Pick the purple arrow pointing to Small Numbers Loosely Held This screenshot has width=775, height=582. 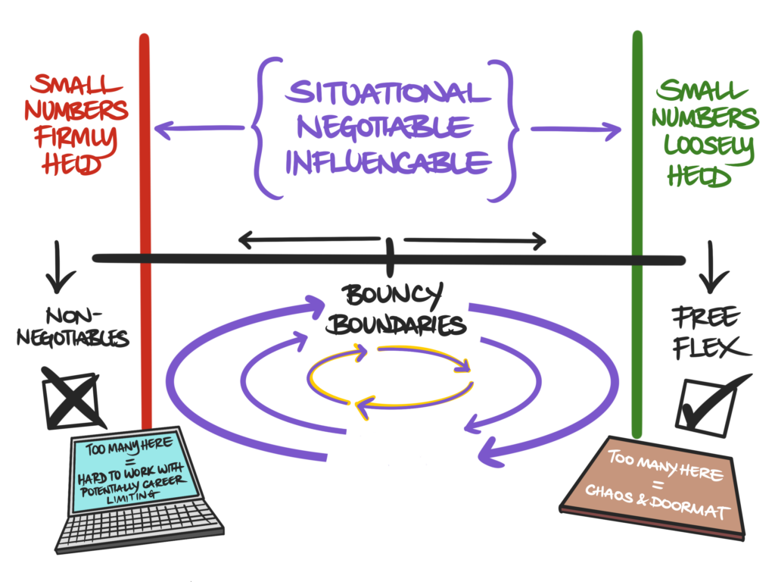coord(575,130)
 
